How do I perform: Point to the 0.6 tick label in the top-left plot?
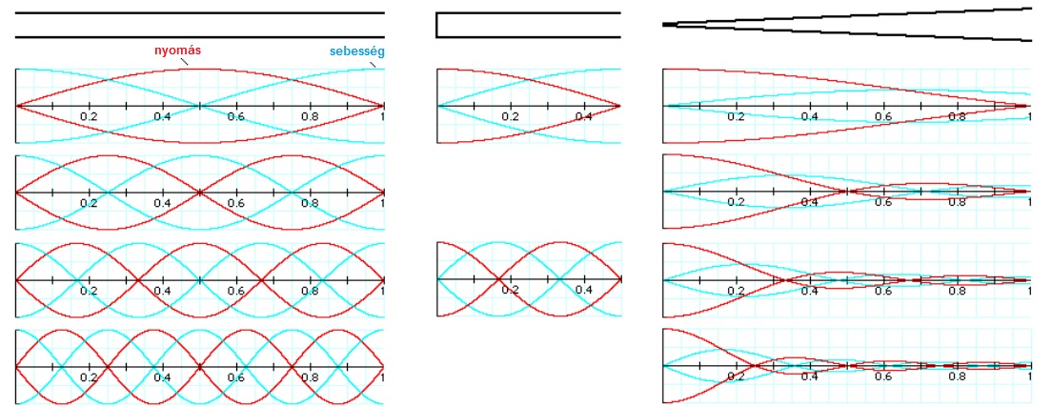(x=235, y=116)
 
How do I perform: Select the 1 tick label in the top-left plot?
(x=383, y=116)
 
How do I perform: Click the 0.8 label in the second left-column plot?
(x=310, y=202)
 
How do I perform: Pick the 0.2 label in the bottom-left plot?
(x=89, y=376)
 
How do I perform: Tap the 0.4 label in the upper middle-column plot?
(x=584, y=116)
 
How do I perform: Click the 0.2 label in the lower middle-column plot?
(x=510, y=290)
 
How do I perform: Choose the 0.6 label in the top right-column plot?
(x=884, y=116)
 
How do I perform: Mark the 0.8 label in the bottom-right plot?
(x=958, y=376)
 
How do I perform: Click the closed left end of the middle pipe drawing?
(x=436, y=25)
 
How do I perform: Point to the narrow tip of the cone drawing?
(x=665, y=25)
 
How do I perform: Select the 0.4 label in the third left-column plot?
(x=162, y=290)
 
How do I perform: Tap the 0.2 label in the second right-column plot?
(x=737, y=202)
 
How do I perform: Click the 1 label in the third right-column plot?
(x=1029, y=290)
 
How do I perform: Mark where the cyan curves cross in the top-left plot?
(x=199, y=106)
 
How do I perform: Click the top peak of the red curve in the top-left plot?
(x=199, y=69)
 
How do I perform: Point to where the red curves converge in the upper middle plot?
(x=619, y=106)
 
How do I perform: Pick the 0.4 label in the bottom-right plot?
(x=810, y=376)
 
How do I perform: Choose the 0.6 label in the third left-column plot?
(x=235, y=290)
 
